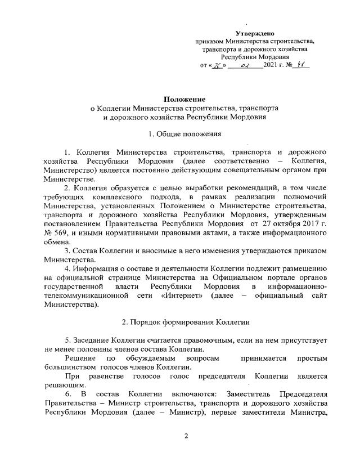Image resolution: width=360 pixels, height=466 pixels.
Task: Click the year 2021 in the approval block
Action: [274, 65]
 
